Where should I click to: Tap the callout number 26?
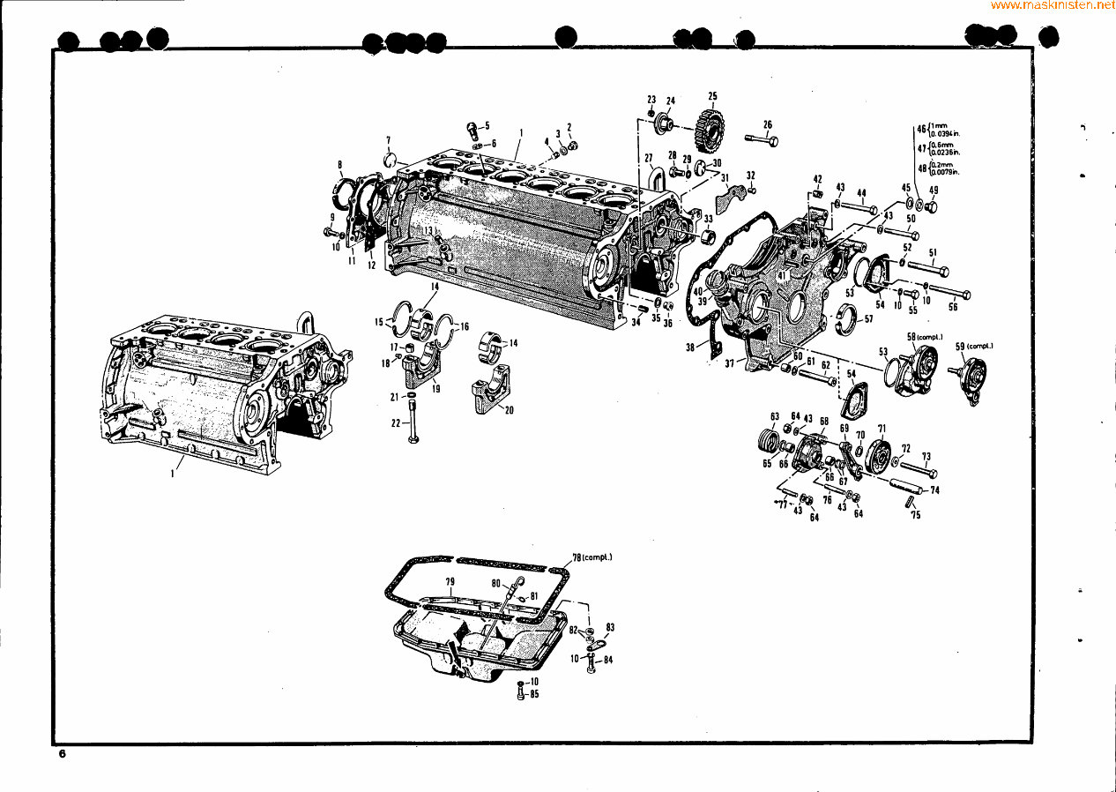[x=767, y=124]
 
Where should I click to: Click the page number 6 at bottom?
[x=63, y=755]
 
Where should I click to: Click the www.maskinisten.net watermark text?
[x=1053, y=5]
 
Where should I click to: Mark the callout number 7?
[x=387, y=140]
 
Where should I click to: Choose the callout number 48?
[x=922, y=168]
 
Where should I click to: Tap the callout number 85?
[x=535, y=694]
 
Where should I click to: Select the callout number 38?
[x=690, y=347]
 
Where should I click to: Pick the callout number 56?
[x=952, y=307]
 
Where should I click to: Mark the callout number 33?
[x=708, y=218]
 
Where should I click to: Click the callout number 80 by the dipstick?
[x=496, y=583]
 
